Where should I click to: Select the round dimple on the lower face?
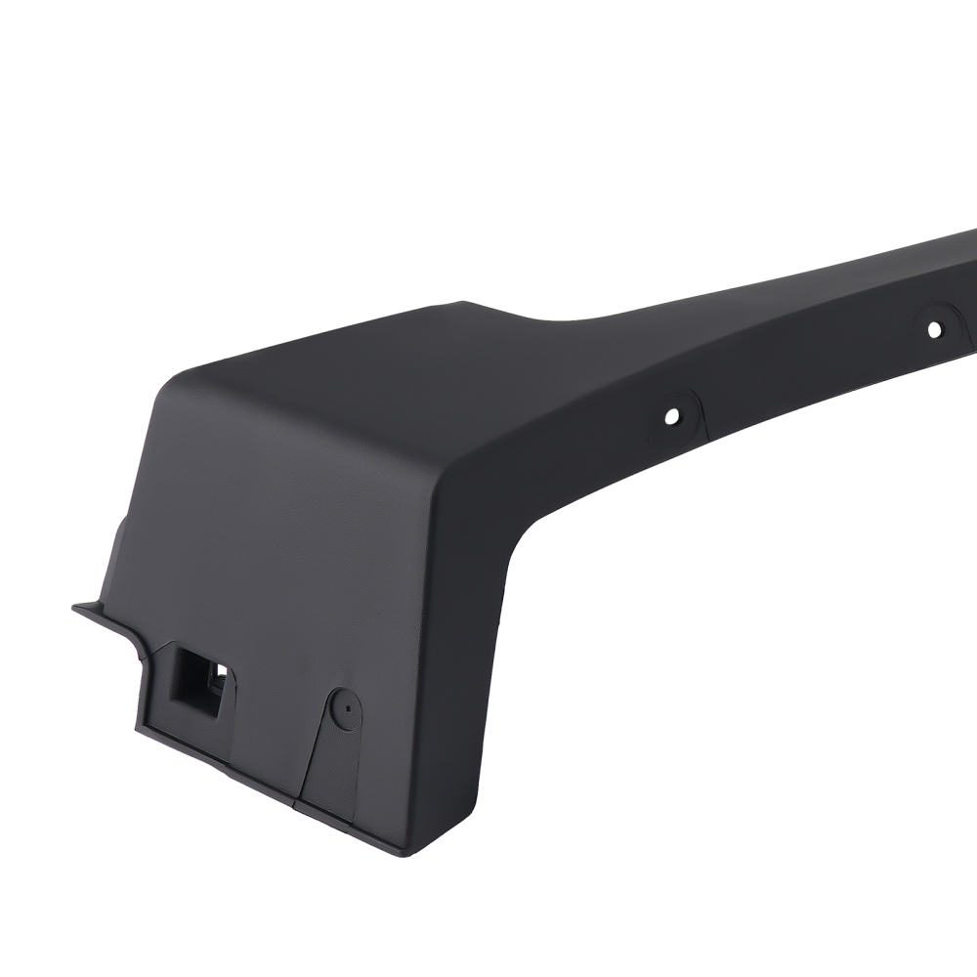[344, 708]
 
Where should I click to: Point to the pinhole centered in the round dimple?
[344, 707]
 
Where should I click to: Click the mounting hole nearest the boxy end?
[671, 416]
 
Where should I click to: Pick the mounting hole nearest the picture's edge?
[934, 330]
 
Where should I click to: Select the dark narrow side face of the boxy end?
[459, 635]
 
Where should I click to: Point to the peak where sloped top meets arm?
[469, 305]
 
